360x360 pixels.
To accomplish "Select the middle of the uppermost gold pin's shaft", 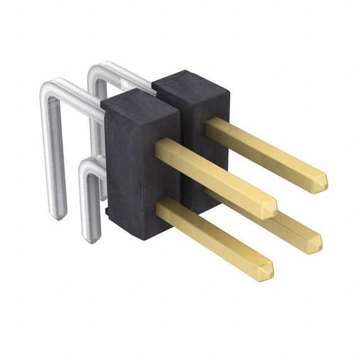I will [x=264, y=152].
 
